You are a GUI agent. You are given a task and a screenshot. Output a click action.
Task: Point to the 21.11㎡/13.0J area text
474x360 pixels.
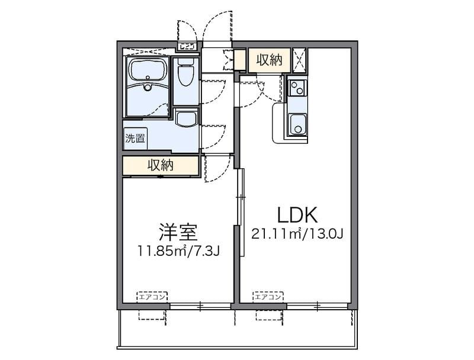(x=297, y=234)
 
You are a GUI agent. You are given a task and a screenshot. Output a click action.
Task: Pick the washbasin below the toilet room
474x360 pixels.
(x=186, y=118)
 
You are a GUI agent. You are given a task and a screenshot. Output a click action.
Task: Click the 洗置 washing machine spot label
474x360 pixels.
(x=135, y=139)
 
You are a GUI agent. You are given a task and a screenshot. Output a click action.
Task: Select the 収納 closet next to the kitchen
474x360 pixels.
(x=269, y=59)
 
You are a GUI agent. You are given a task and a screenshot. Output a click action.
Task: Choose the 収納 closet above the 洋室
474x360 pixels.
(x=160, y=166)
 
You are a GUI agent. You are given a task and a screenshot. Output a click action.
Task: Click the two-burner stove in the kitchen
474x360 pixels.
(x=296, y=89)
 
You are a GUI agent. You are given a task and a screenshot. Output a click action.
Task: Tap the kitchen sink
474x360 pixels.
(x=296, y=124)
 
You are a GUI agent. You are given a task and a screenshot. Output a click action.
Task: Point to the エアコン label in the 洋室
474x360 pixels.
(x=153, y=297)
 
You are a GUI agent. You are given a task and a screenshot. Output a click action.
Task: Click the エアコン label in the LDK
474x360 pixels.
(x=268, y=297)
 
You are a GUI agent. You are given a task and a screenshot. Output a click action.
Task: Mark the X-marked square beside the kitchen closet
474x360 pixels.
(x=300, y=59)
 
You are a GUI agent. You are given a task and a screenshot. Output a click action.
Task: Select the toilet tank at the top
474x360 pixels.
(x=185, y=62)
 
